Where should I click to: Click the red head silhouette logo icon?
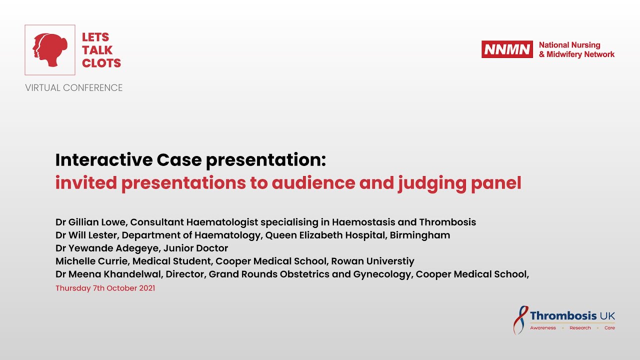[50, 50]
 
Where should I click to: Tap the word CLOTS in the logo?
[101, 63]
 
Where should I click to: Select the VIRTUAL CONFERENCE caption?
[74, 88]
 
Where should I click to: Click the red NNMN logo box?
[507, 49]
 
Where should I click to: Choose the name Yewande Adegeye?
[112, 248]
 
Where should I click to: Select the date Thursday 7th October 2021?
[105, 288]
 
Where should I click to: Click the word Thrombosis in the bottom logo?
[563, 315]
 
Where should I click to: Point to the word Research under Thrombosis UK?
[580, 328]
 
